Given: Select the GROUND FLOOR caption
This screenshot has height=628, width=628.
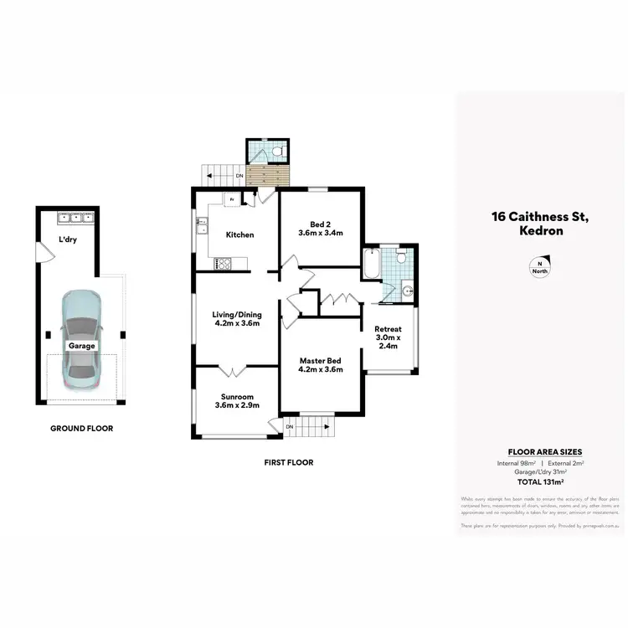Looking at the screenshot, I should pos(81,428).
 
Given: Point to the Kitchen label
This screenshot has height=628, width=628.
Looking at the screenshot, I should pos(239,234).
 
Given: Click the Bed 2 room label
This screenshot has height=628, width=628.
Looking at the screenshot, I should pos(322,229).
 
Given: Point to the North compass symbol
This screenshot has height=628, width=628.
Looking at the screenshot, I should pos(539,267).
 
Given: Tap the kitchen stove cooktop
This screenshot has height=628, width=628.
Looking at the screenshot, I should pos(224,264).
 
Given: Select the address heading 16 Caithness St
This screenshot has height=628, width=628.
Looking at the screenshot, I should pos(541,217).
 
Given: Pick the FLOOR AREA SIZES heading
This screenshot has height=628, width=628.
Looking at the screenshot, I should pos(540,450).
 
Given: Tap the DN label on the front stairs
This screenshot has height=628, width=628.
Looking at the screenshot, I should pos(290,427).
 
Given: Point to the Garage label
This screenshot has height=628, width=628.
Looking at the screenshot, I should pos(82,345).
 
